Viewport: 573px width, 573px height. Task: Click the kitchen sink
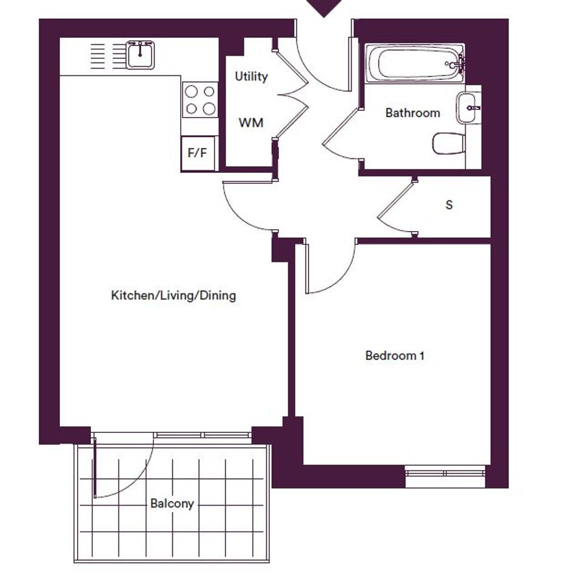140,55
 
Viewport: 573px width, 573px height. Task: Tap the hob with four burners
200,100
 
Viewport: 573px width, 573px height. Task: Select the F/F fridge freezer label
197,153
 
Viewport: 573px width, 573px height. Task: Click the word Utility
251,76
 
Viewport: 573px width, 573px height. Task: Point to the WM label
250,122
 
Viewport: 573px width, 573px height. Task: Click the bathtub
415,64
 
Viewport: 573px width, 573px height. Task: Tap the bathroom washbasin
468,108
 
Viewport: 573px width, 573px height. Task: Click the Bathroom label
412,113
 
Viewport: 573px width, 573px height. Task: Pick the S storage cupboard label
449,205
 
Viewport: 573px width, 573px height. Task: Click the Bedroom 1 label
395,355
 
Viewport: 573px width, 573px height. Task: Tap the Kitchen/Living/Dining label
173,295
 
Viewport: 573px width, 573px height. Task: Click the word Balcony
172,503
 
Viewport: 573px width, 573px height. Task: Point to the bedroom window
445,474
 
